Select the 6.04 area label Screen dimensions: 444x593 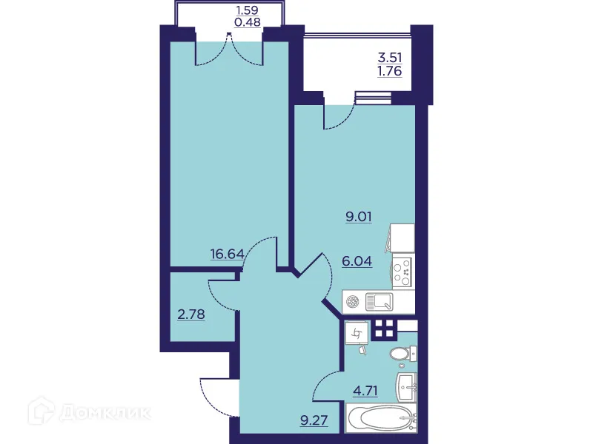(x=357, y=260)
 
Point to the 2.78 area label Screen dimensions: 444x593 (x=191, y=314)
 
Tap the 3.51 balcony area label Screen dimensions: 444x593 (x=390, y=57)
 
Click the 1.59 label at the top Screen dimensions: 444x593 (x=247, y=10)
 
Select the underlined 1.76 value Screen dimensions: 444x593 (x=390, y=72)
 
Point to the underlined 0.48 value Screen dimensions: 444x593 (x=247, y=22)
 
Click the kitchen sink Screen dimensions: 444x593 (x=378, y=300)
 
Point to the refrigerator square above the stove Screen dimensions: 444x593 (x=401, y=239)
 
